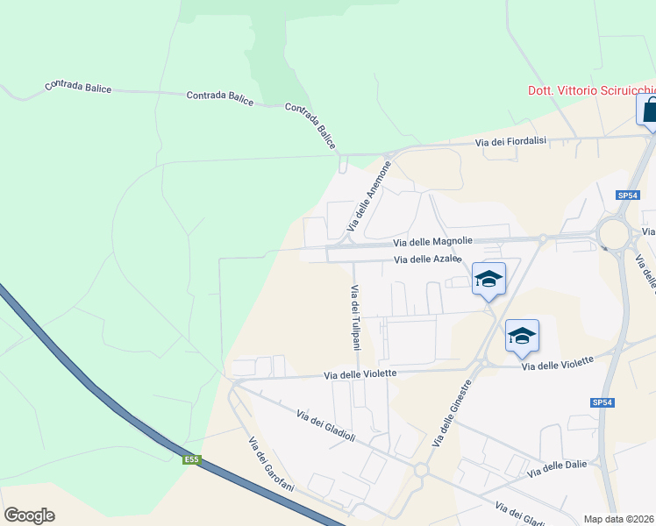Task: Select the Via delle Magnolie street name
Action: (432, 241)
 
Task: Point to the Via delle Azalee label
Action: (428, 259)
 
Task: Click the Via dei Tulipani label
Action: (356, 317)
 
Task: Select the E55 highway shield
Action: (192, 458)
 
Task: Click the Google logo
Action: (29, 515)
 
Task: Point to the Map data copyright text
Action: (619, 519)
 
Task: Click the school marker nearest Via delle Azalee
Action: (488, 279)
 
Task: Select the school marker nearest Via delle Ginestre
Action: (522, 335)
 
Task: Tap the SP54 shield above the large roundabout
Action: (627, 195)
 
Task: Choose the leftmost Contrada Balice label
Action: (78, 88)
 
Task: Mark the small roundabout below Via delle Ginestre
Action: (421, 471)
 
